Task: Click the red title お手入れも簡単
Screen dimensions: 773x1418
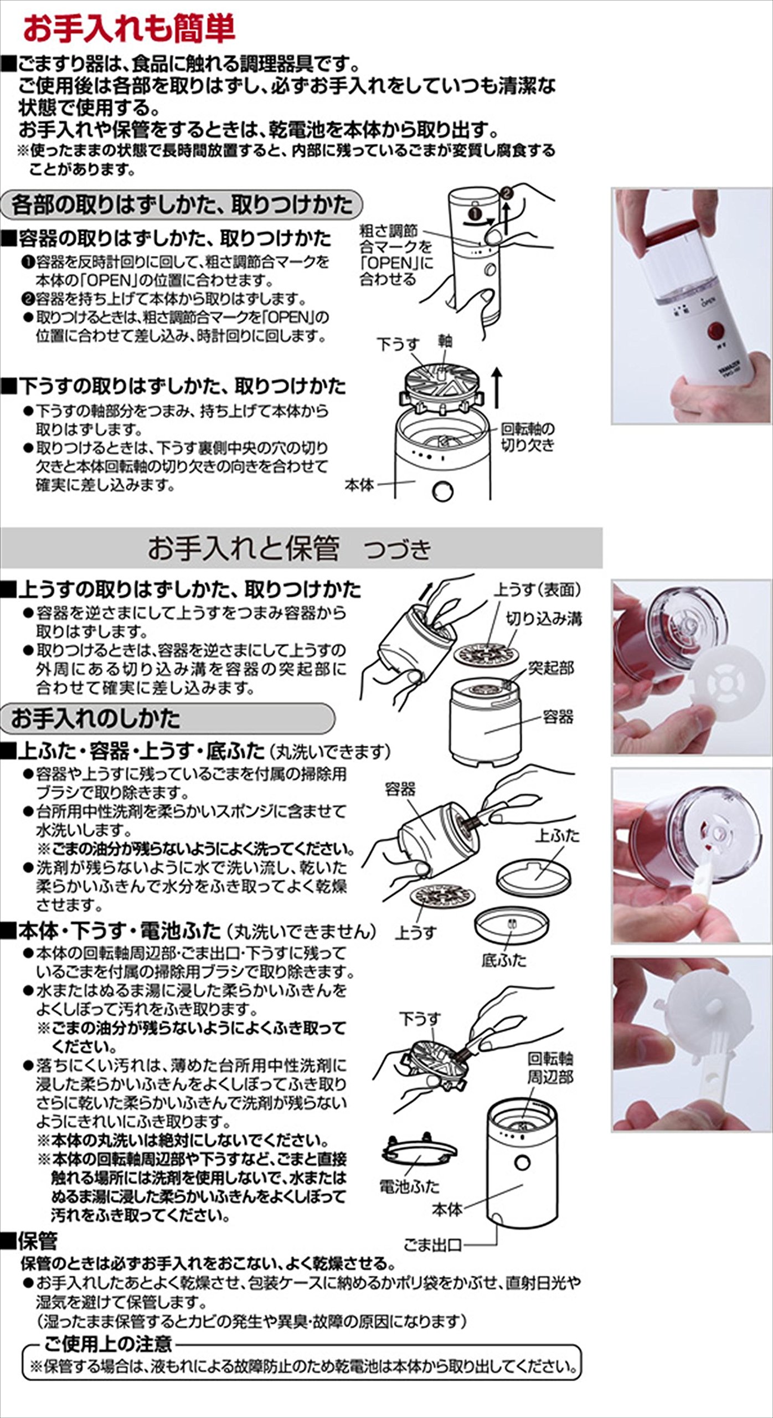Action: click(x=129, y=28)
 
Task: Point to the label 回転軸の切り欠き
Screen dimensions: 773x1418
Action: click(x=528, y=436)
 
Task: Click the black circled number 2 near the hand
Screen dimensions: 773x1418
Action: click(x=506, y=193)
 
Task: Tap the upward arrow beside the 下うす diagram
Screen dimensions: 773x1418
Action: click(x=497, y=388)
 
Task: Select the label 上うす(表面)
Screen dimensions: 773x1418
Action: click(x=537, y=590)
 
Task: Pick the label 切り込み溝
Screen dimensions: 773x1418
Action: click(x=544, y=619)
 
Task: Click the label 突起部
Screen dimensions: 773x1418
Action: click(x=550, y=668)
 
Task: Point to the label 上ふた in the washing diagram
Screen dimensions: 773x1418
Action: click(x=557, y=835)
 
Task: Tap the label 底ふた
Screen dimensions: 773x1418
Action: click(x=504, y=960)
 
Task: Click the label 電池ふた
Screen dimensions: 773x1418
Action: click(x=409, y=1186)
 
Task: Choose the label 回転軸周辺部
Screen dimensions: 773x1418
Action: click(x=550, y=1068)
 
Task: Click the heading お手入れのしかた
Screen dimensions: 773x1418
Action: click(x=96, y=719)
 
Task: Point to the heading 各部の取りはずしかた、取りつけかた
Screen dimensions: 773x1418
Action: click(x=181, y=204)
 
